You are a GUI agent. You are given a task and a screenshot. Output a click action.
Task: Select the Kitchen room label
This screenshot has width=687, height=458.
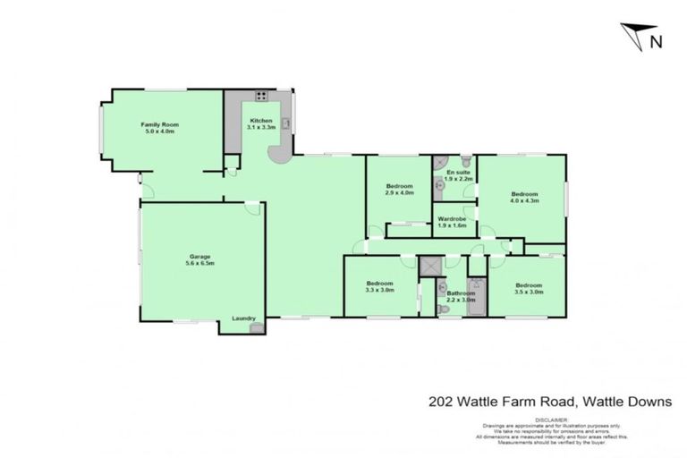(x=260, y=121)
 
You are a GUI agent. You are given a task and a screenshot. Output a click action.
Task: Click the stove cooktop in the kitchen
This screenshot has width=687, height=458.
(x=262, y=96)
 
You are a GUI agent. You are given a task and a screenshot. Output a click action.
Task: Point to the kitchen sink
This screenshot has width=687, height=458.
(x=287, y=123)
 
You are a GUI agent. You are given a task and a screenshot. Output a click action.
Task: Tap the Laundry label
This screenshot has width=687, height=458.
(x=244, y=318)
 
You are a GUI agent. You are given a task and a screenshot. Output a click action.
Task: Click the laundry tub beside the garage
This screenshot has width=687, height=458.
(x=258, y=328)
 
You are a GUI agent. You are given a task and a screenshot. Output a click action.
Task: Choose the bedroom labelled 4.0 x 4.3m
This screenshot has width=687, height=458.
(x=524, y=198)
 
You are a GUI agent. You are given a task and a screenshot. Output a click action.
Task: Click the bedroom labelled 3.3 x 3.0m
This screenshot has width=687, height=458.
(x=380, y=286)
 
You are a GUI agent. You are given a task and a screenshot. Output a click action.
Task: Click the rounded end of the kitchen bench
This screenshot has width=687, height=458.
(x=282, y=157)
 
